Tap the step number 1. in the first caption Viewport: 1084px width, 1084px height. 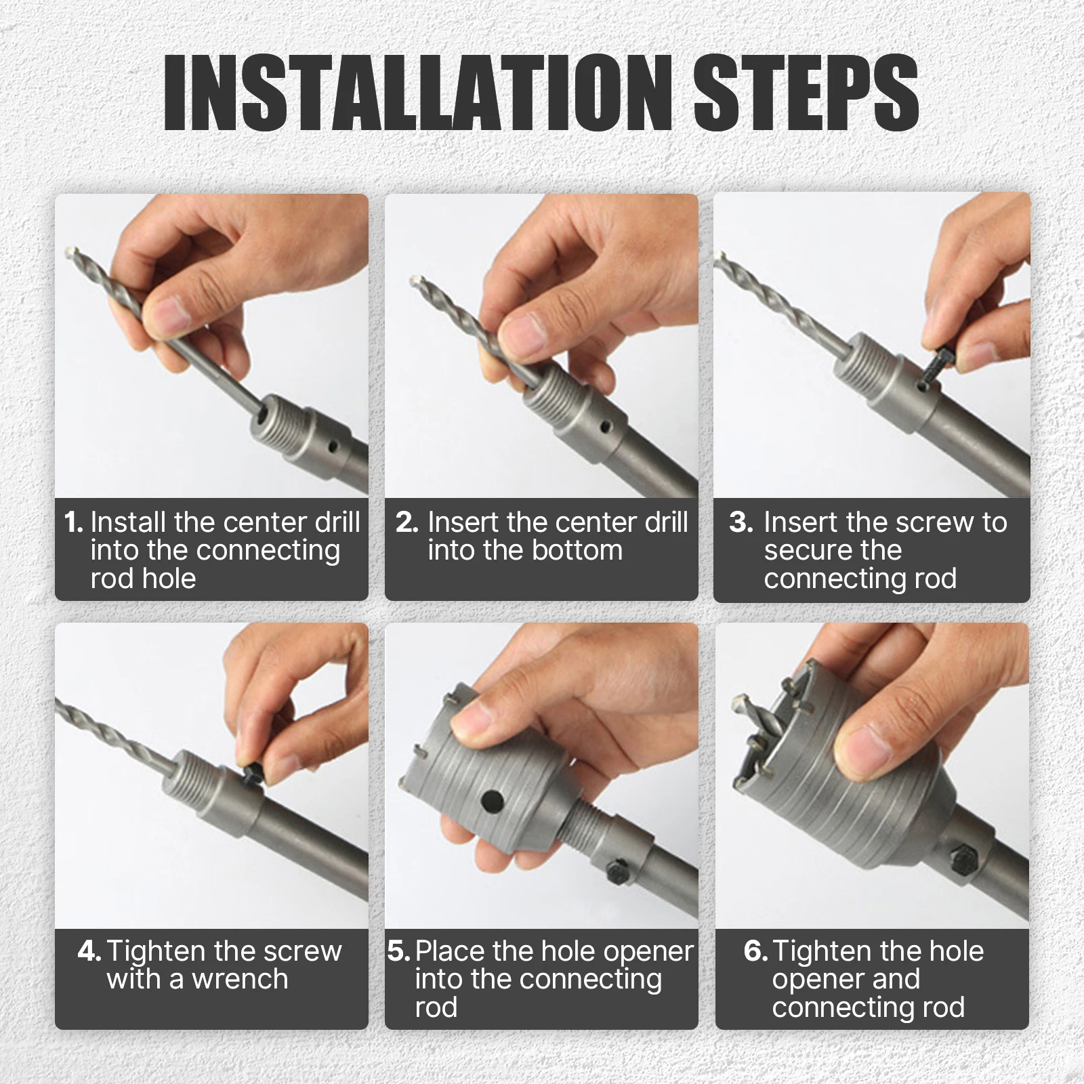coord(74,522)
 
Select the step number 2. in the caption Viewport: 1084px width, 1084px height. coord(407,522)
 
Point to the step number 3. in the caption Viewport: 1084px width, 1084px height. coord(741,522)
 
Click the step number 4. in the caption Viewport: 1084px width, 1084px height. coord(90,951)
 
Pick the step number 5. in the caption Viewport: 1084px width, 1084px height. coord(399,951)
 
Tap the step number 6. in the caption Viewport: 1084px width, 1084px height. coord(756,951)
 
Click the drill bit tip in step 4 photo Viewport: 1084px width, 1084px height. coord(58,701)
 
